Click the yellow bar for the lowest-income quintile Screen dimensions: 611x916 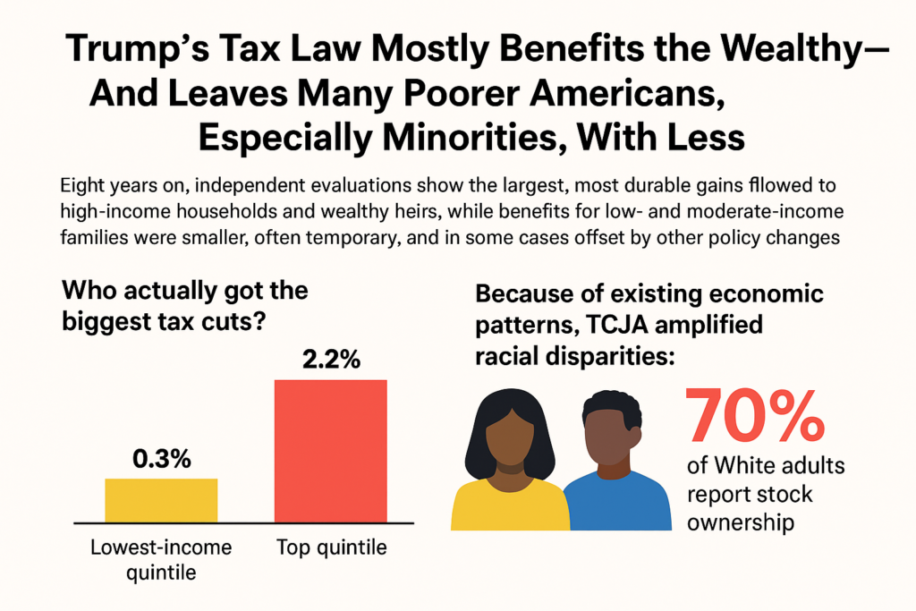161,500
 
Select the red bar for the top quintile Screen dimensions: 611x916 330,451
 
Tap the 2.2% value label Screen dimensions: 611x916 331,361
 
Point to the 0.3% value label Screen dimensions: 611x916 162,460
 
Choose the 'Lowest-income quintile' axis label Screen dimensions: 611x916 161,558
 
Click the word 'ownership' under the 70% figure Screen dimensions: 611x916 741,522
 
